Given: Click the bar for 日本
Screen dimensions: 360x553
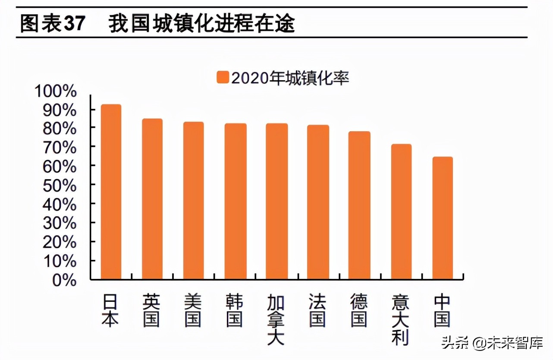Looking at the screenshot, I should click(111, 192).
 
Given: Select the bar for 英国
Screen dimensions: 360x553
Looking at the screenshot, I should click(152, 199).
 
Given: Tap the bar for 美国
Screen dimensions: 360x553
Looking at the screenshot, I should click(193, 201).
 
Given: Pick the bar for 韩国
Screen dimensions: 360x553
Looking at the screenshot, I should click(235, 202).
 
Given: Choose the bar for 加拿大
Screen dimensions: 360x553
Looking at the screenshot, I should click(276, 202).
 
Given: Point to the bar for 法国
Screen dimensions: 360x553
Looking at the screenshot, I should click(318, 202).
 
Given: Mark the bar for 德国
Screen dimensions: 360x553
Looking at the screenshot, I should click(359, 205).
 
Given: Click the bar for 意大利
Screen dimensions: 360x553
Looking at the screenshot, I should click(401, 212).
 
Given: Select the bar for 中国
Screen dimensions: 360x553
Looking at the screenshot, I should click(442, 218).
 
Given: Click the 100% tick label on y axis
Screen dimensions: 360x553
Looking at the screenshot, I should click(56, 92).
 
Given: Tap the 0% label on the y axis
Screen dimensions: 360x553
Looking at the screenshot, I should click(64, 281).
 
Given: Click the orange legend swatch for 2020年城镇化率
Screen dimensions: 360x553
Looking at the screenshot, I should click(223, 78).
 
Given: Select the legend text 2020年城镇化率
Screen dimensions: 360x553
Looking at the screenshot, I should click(290, 78).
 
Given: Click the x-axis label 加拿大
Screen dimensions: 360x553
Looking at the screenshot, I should click(276, 320).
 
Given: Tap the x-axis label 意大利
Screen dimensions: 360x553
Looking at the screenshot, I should click(401, 320).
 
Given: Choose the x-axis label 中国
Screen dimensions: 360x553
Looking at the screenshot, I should click(442, 311).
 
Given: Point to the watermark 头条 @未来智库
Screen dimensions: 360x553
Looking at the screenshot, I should click(492, 344).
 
